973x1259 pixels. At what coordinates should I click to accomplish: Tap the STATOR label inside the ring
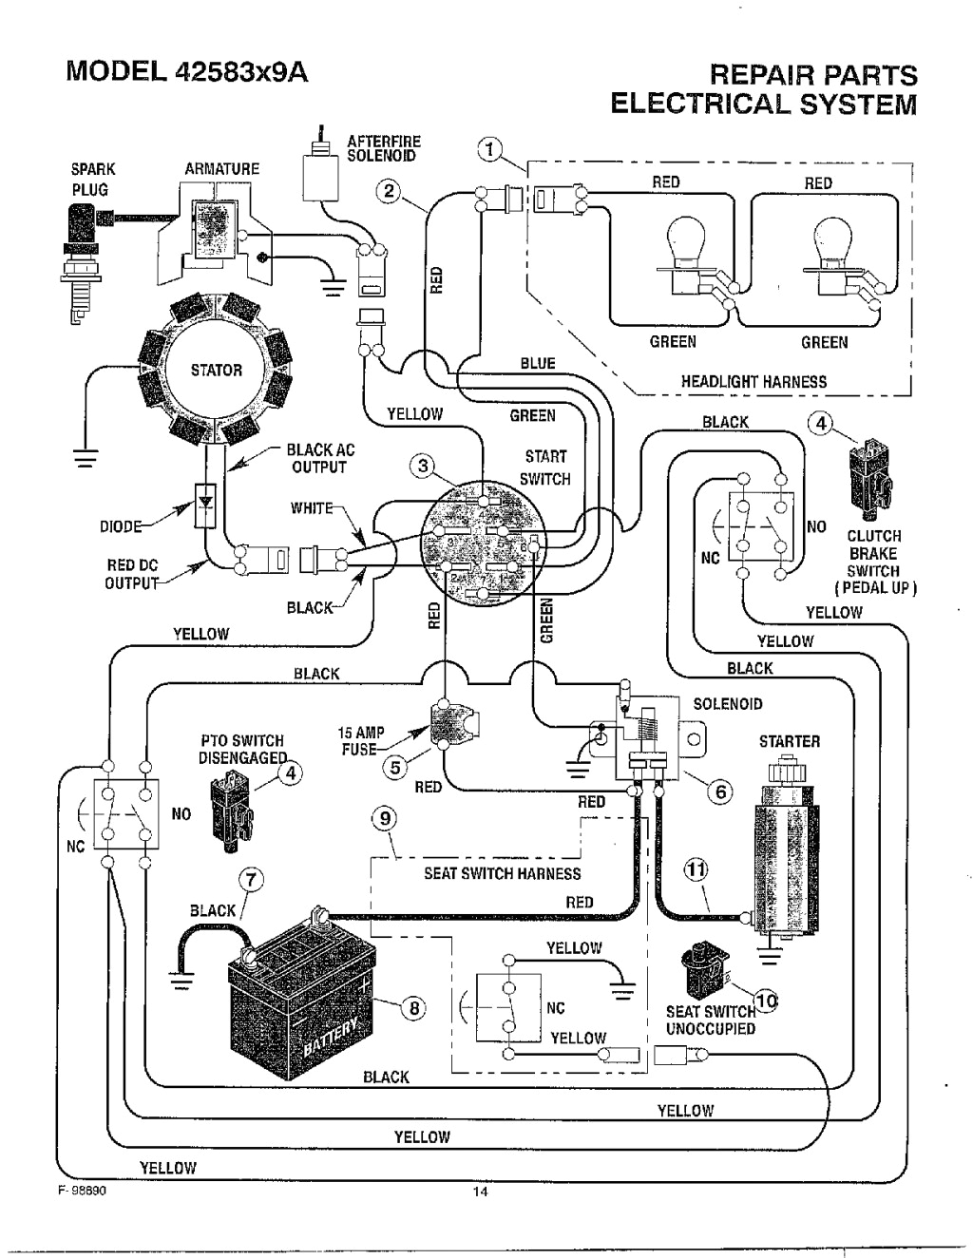(216, 371)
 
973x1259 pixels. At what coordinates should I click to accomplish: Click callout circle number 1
(488, 150)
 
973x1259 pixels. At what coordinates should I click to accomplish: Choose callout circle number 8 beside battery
(413, 1009)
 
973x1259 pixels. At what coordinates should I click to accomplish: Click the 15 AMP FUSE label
(362, 740)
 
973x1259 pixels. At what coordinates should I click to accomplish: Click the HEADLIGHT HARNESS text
(753, 382)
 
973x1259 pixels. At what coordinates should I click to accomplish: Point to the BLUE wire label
(538, 363)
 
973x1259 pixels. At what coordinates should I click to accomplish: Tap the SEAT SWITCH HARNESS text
(502, 873)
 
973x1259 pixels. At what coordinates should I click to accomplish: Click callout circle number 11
(696, 869)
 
